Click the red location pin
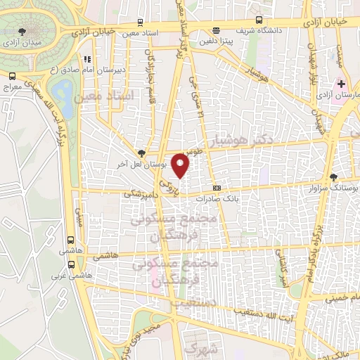181,166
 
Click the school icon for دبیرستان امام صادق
87,60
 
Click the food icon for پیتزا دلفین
215,30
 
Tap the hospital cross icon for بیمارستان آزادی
341,84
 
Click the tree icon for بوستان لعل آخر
142,153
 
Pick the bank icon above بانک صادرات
217,188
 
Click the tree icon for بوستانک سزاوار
333,177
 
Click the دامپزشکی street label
139,191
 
